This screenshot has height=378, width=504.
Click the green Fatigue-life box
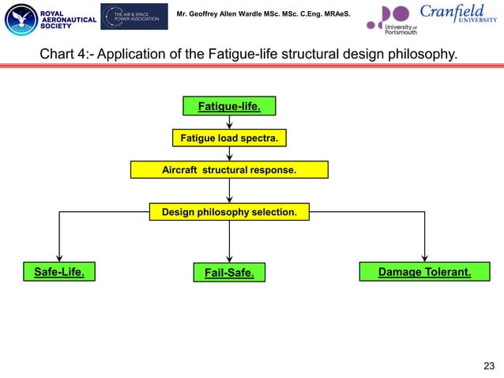pos(229,106)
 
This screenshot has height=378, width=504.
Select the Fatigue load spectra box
pos(229,138)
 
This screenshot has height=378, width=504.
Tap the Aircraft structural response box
pos(229,170)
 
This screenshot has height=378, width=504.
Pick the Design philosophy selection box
pos(229,212)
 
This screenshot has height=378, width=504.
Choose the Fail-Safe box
pos(229,273)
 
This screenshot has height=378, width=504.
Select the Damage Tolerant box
pos(424,272)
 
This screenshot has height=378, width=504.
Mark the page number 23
pos(487,365)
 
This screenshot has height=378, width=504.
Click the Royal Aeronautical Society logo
pos(49,19)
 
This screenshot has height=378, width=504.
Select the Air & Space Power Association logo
pos(134,17)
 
